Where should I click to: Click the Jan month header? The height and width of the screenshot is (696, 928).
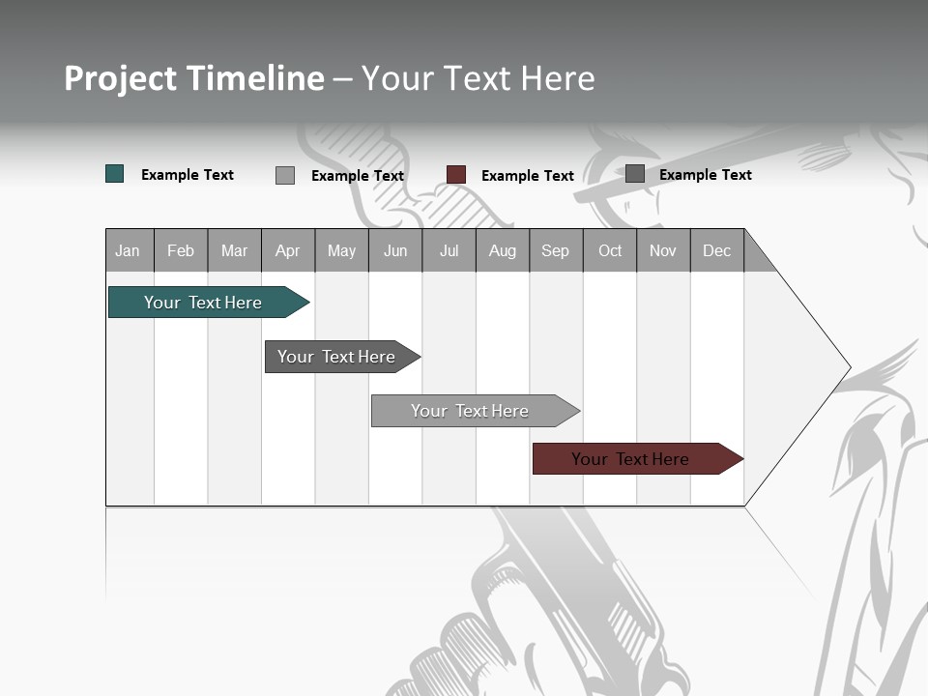coord(129,250)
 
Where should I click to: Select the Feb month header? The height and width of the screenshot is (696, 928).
coord(181,250)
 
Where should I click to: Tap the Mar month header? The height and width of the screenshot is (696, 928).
coord(234,250)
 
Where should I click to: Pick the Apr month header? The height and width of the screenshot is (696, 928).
coord(288,250)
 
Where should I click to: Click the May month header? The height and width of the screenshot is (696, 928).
coord(341,250)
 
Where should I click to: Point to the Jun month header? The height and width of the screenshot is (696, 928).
coord(395,250)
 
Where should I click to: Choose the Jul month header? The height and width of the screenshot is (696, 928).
coord(449,250)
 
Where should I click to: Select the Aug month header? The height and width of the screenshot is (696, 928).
coord(503,250)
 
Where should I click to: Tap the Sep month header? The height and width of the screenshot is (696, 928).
coord(556,250)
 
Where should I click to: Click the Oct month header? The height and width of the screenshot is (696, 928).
coord(610,250)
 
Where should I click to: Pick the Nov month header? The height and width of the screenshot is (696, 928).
coord(663,250)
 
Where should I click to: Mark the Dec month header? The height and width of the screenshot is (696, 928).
coord(717,250)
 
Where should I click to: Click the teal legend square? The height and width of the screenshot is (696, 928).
coord(115,174)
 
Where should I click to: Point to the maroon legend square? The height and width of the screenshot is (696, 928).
coord(456,175)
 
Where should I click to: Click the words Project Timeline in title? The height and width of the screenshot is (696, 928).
coord(194,78)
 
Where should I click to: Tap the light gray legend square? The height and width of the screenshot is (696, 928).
coord(285,175)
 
